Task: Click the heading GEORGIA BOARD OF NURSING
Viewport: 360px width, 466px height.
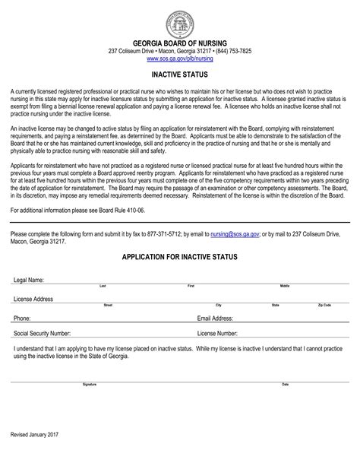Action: (180, 43)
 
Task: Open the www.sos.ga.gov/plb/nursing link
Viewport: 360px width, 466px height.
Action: (179, 58)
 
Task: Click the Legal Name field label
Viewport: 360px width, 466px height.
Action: (29, 281)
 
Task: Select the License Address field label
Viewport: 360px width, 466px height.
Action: (33, 300)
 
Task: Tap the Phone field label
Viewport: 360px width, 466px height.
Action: (22, 319)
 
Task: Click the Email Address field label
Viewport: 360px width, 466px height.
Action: (215, 319)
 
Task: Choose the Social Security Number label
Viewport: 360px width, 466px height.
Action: (43, 333)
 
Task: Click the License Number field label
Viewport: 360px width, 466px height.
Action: (218, 333)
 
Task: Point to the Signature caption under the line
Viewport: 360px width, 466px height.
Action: (90, 385)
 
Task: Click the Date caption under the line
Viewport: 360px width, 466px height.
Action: (285, 385)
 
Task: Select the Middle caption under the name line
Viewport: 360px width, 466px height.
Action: (285, 286)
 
